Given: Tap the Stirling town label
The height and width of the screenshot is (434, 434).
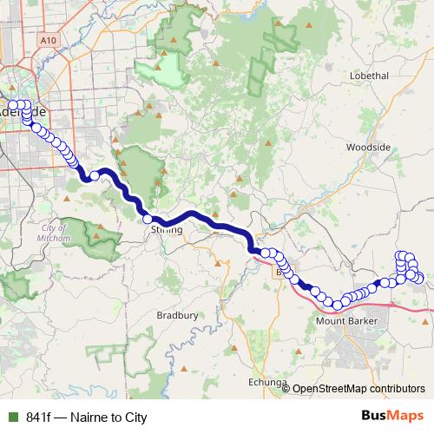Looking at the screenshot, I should pos(166,230).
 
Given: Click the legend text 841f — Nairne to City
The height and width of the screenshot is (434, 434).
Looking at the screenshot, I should pos(87,417).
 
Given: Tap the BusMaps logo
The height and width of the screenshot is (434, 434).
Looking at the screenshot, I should pos(392,417).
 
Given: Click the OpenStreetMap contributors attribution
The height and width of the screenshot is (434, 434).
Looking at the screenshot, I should pos(358,389).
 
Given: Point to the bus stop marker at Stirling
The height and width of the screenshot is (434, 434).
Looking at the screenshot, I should pos(148,220).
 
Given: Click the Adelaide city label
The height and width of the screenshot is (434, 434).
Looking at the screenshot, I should pos(24,114).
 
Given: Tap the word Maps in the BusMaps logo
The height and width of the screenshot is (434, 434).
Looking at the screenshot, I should pos(405,417).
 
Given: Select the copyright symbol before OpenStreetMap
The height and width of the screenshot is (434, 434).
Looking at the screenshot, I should pos(286,389).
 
